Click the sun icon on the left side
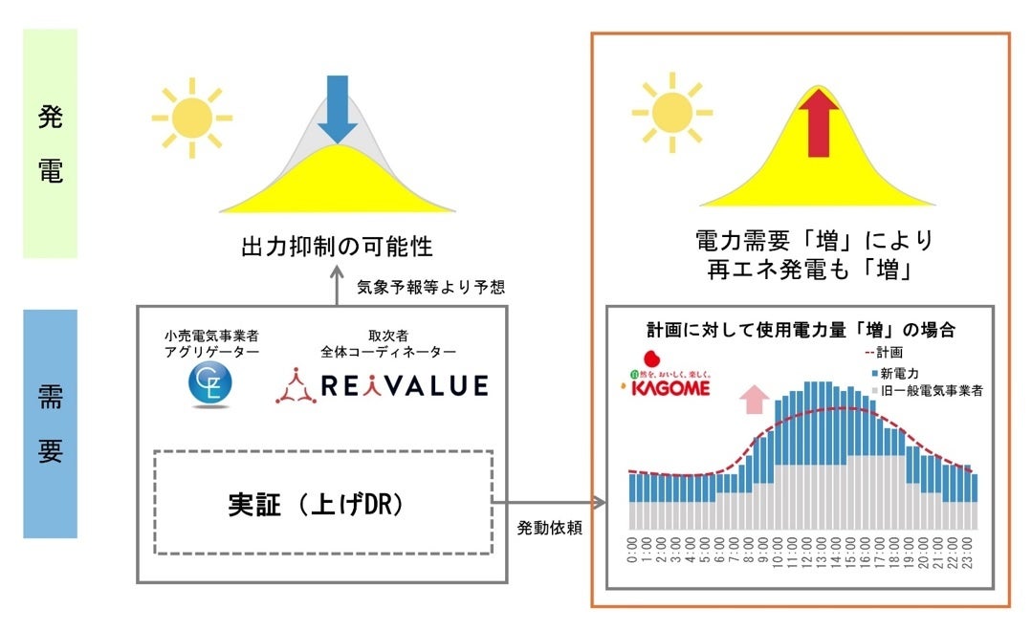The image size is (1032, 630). tap(191, 118)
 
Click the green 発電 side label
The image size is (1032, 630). tap(50, 143)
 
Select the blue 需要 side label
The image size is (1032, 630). tap(50, 423)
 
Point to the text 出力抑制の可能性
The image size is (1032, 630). tap(336, 247)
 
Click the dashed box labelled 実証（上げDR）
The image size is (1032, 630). tap(322, 503)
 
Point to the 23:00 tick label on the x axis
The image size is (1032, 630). tap(973, 553)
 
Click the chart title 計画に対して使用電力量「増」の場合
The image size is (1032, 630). tap(801, 329)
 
